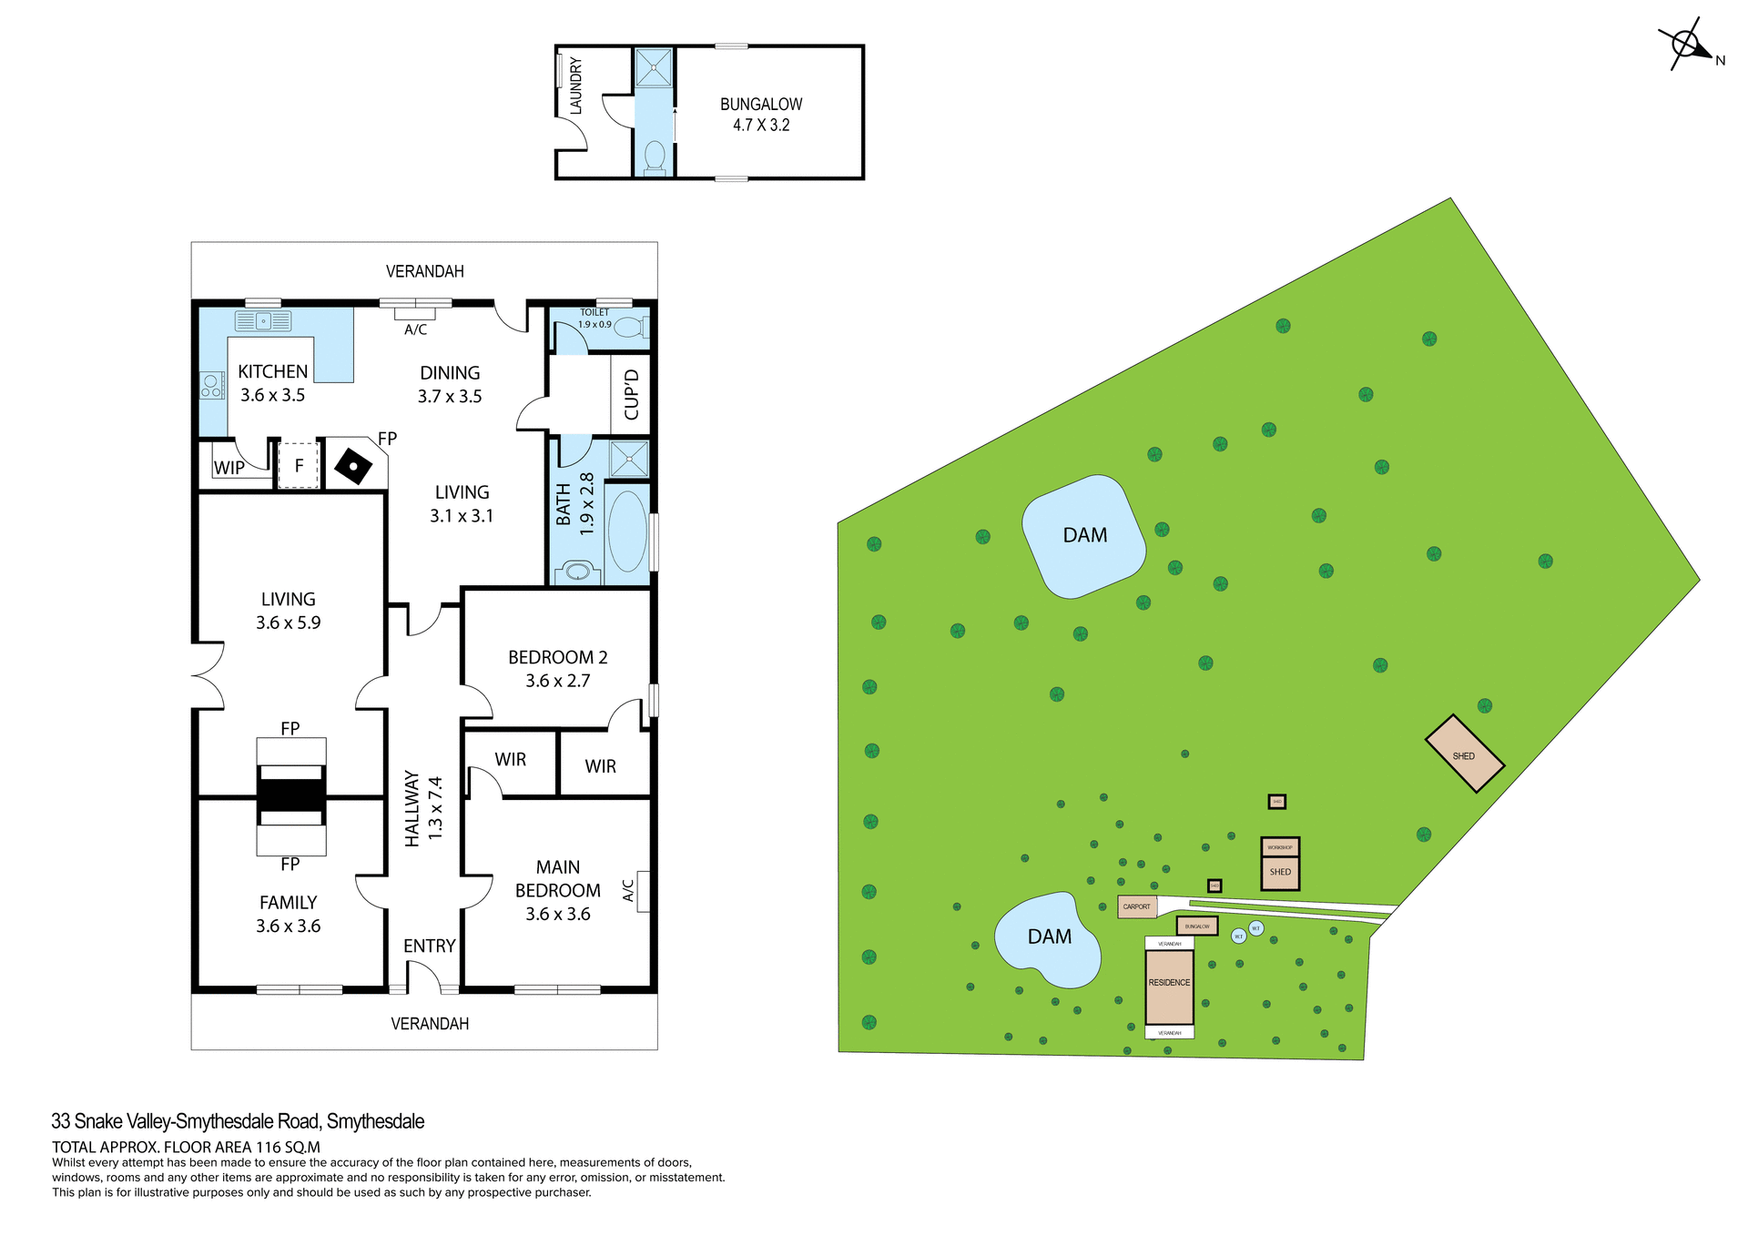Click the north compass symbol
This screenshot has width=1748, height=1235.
click(1686, 44)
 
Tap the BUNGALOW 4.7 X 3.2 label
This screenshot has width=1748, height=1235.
click(761, 115)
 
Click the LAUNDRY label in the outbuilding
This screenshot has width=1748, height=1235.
click(575, 86)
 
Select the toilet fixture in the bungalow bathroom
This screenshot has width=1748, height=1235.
click(655, 156)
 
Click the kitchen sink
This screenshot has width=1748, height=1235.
click(262, 321)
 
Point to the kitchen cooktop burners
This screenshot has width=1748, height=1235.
click(212, 386)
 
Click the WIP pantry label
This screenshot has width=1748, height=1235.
click(229, 468)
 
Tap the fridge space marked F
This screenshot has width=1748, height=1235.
click(299, 466)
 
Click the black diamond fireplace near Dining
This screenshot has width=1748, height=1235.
click(353, 467)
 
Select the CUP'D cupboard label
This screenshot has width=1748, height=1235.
click(632, 394)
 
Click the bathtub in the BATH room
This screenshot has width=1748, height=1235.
click(627, 531)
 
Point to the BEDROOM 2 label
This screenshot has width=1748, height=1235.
click(557, 668)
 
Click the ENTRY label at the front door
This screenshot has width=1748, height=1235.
click(429, 946)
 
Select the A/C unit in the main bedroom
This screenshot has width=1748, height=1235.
click(643, 891)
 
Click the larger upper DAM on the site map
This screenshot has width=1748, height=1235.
click(1083, 536)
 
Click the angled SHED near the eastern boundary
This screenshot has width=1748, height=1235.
click(1464, 754)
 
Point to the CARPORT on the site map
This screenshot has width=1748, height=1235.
click(1137, 906)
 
